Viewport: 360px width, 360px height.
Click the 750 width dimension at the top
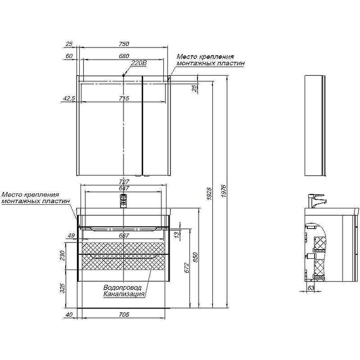(124, 44)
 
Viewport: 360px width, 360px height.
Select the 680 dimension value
(124, 56)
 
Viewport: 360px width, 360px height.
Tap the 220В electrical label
(139, 63)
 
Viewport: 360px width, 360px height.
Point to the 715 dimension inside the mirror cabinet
(124, 99)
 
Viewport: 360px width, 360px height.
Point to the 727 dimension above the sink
(124, 182)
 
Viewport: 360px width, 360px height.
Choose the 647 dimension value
(124, 188)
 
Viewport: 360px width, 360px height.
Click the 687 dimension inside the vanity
(124, 235)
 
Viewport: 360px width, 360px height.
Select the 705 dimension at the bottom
(124, 315)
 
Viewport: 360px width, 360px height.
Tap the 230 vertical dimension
(63, 256)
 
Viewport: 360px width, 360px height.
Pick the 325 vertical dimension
(63, 288)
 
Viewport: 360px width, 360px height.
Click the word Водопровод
(122, 288)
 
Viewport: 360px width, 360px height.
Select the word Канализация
(124, 294)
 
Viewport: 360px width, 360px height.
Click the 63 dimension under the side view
(310, 288)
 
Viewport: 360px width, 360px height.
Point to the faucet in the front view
(124, 199)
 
